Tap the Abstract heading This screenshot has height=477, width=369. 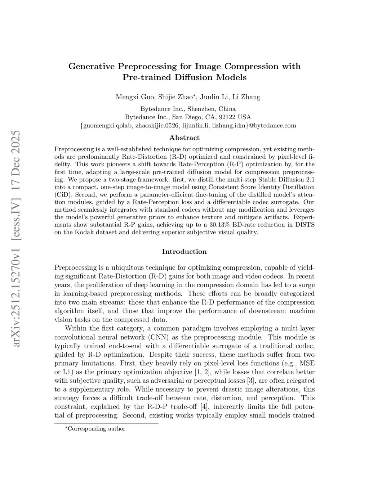(x=184, y=138)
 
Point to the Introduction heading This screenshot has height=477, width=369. (x=184, y=252)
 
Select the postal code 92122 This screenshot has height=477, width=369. (x=228, y=117)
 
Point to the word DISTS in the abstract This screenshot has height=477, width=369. (x=304, y=225)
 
